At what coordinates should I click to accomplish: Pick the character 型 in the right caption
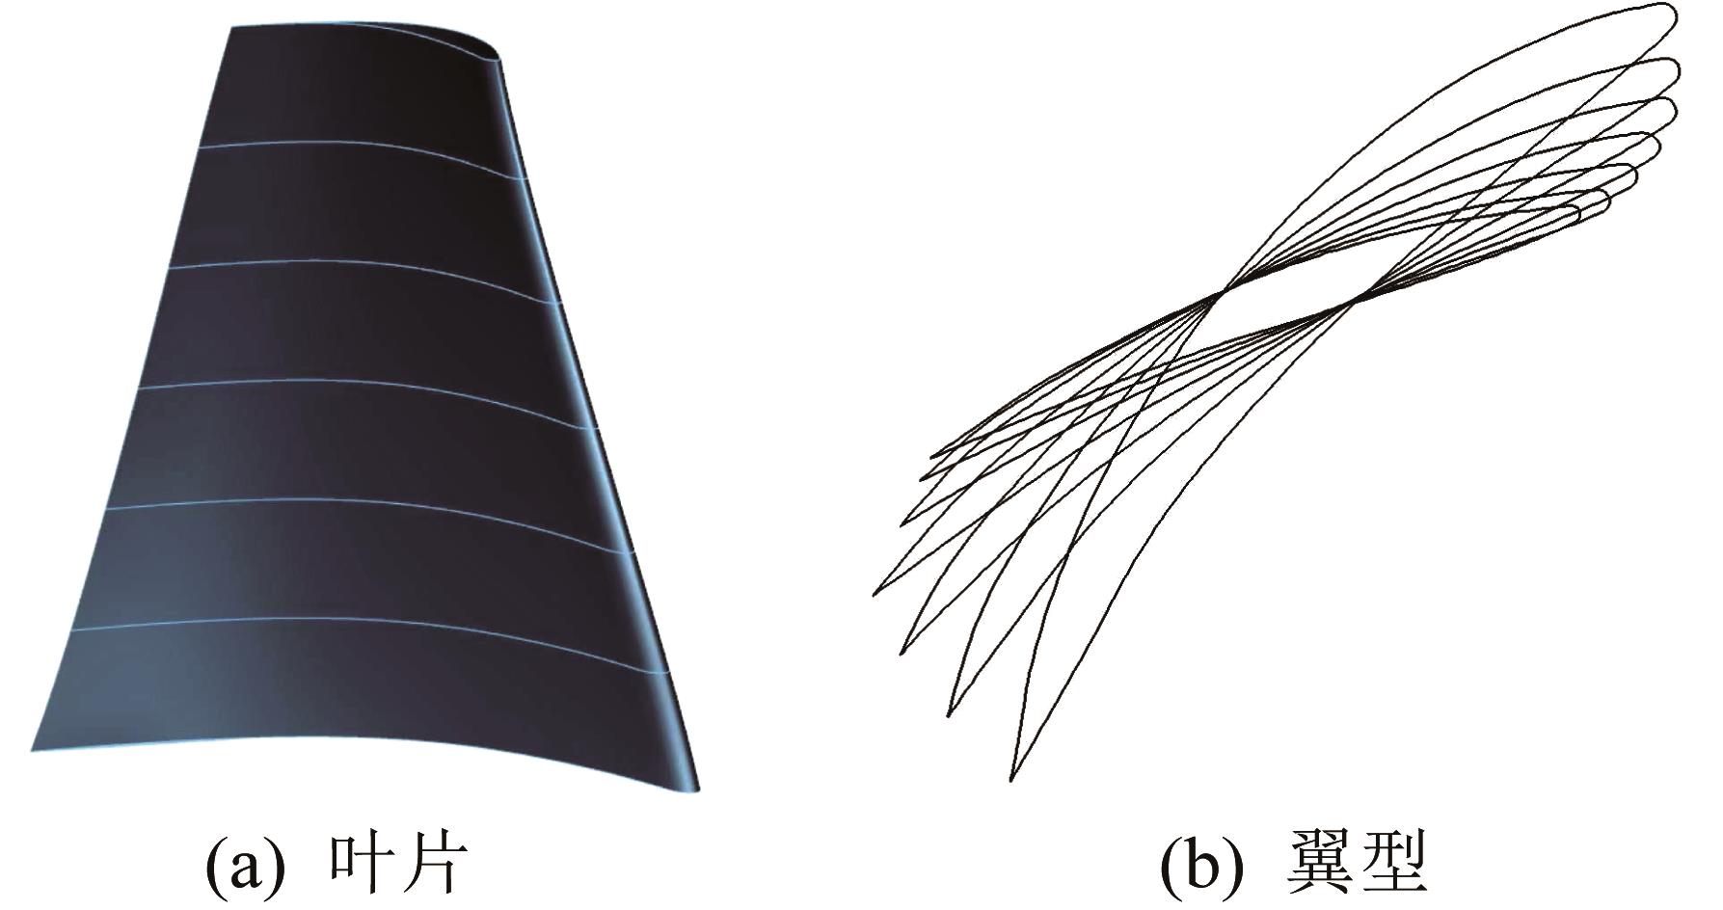1391,864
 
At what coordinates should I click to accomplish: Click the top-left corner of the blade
232,29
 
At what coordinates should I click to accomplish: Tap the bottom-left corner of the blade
33,749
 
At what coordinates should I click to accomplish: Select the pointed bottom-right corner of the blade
698,790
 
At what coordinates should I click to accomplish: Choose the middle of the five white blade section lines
376,386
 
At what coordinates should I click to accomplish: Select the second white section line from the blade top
366,265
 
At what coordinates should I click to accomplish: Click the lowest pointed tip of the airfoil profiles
1010,778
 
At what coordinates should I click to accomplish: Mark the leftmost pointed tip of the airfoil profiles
874,594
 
